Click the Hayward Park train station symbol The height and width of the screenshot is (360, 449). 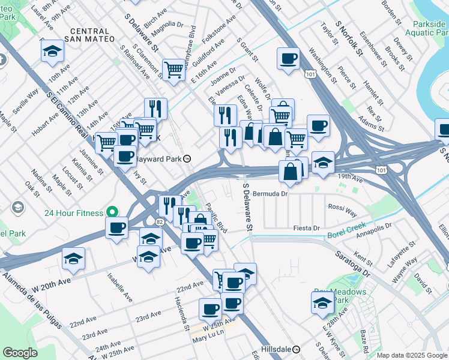coord(187,159)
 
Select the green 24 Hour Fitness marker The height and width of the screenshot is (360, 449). coord(110,212)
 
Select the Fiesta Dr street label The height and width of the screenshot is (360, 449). coord(306,228)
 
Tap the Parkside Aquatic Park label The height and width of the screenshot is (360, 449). coord(421,28)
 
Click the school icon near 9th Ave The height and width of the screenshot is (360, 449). coord(53,52)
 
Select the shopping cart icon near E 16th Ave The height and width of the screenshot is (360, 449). coord(173,69)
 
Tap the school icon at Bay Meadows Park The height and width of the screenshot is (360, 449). coord(322,303)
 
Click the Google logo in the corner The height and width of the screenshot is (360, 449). coord(20,353)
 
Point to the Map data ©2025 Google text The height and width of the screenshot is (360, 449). coord(412,355)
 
